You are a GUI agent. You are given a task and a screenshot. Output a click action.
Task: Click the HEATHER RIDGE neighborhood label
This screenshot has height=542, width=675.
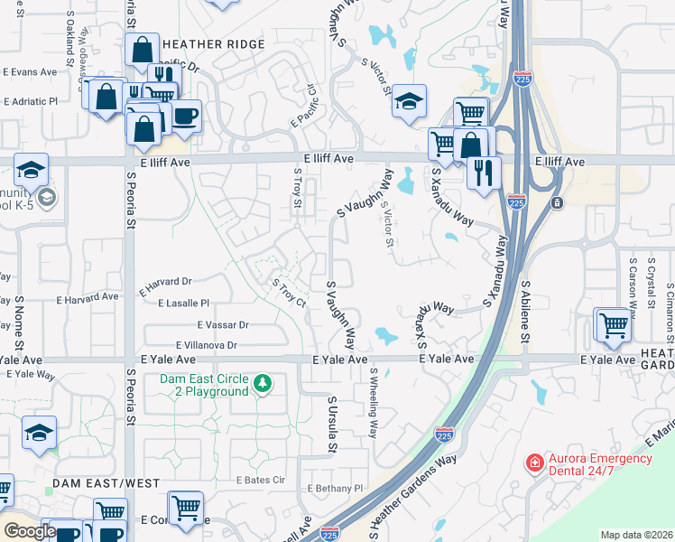coord(214,44)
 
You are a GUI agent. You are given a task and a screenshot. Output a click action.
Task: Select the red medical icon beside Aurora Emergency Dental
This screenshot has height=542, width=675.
coord(535,463)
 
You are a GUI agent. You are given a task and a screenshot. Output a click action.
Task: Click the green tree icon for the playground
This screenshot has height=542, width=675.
coord(263,384)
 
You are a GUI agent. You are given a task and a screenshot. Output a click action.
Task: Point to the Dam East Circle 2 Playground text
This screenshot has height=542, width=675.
coord(204,386)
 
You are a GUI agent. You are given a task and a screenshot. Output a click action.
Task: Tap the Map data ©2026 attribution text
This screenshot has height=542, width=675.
coord(636,535)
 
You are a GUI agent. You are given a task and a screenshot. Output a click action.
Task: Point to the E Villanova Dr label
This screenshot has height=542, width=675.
coord(207,344)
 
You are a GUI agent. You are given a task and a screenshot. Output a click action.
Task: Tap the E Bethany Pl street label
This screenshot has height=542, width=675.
coord(334,488)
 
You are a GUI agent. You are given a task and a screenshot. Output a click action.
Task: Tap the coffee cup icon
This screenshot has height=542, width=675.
coord(186,117)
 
